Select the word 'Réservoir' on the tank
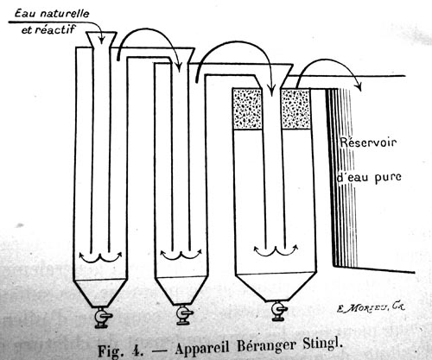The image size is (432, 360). coord(369,142)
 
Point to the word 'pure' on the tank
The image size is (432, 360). coord(388,178)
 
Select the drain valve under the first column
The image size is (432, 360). coord(102,318)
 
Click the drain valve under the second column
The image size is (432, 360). coord(184,314)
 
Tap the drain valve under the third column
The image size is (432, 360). coord(279,311)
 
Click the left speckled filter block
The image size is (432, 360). coord(247,109)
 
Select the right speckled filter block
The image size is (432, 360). coord(295,109)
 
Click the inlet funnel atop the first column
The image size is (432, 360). coord(101,40)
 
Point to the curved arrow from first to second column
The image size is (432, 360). coord(149,29)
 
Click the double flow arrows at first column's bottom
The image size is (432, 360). coord(100,256)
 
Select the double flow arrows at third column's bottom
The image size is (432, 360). coord(276,250)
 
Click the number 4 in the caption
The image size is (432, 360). coord(137,350)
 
